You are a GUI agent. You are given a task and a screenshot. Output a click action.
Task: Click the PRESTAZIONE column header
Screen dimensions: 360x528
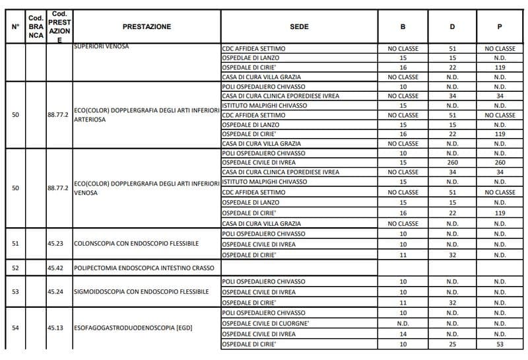(x=147, y=26)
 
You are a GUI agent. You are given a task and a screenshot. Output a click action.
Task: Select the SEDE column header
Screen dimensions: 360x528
(x=299, y=26)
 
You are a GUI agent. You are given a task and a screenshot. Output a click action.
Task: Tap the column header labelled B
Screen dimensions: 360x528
(x=403, y=26)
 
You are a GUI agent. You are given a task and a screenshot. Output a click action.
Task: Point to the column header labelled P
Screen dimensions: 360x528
(x=500, y=26)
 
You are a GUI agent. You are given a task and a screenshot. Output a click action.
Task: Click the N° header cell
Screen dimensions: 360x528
(x=15, y=26)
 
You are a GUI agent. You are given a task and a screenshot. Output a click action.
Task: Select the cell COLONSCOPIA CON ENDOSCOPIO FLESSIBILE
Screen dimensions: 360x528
(x=137, y=244)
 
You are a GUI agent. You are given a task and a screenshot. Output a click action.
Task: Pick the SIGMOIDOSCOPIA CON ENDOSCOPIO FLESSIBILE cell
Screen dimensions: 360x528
(x=141, y=291)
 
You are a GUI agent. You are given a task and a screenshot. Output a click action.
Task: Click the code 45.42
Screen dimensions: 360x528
(x=55, y=268)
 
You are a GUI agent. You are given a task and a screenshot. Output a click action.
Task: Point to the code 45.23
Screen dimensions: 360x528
(x=55, y=244)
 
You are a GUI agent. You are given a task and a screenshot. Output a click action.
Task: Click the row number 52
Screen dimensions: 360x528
(x=15, y=268)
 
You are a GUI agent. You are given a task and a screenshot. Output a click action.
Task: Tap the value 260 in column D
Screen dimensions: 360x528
(x=452, y=162)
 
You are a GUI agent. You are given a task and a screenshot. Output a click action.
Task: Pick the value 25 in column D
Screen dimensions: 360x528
(x=452, y=345)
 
